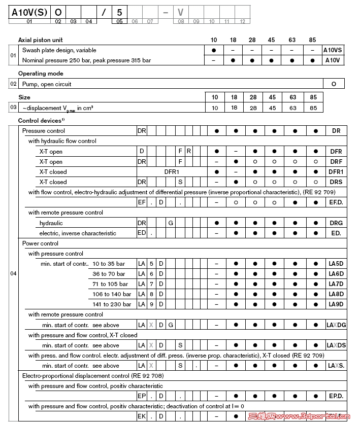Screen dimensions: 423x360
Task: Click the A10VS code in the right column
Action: tap(334, 50)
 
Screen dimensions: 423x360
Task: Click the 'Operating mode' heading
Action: tap(41, 74)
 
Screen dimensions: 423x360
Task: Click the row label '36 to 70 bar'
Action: tap(109, 274)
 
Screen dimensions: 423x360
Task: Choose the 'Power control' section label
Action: tap(40, 243)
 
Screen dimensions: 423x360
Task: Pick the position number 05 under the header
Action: tap(119, 21)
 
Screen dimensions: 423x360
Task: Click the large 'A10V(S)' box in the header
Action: tap(29, 12)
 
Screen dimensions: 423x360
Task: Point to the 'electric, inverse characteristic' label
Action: tap(78, 233)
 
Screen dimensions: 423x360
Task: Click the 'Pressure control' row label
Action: tap(44, 131)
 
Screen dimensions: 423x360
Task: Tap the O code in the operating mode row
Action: tap(334, 84)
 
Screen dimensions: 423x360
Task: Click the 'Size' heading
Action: tap(24, 97)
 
